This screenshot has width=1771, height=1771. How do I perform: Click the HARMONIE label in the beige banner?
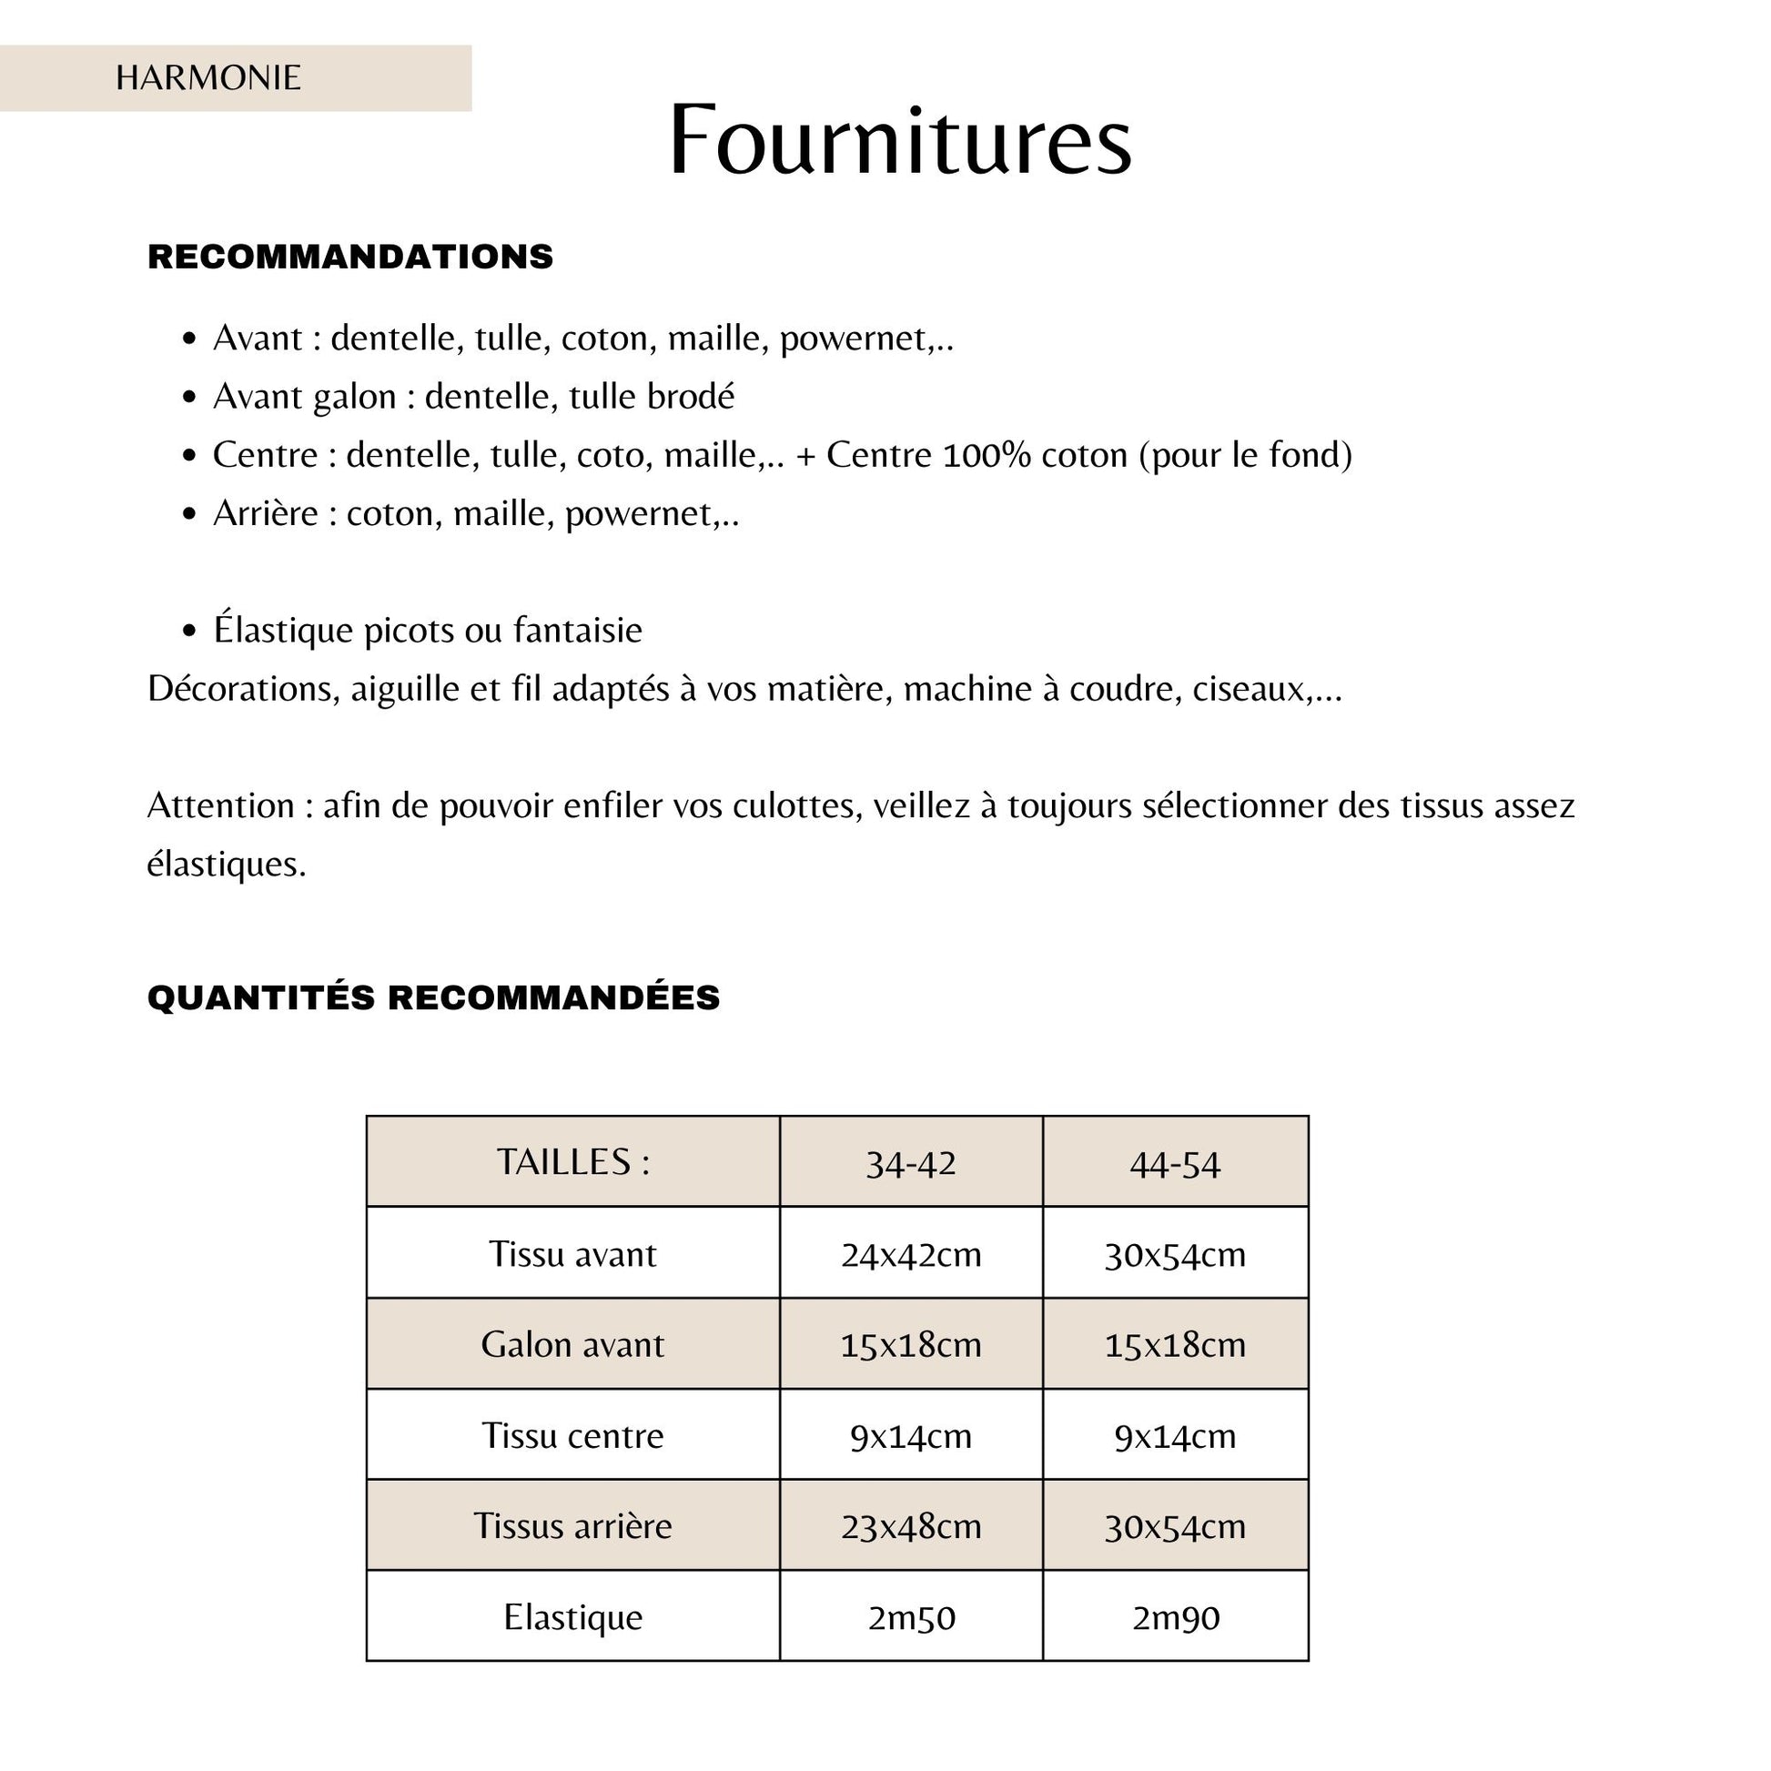(208, 78)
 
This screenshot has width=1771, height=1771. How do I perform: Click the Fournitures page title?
(900, 140)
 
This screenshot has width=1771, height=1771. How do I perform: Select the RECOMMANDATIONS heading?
(350, 257)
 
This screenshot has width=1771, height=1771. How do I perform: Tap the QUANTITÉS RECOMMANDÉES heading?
(433, 997)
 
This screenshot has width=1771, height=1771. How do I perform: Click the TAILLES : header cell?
(573, 1162)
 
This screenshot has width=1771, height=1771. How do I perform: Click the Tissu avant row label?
(573, 1254)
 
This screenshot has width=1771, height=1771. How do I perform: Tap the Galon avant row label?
(573, 1345)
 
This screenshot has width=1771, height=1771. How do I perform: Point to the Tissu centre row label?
(573, 1435)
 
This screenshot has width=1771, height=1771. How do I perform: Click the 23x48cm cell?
(910, 1526)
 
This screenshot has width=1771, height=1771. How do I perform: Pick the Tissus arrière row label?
(573, 1525)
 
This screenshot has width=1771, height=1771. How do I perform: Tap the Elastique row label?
(573, 1617)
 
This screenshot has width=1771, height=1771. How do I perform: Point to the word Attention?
(220, 805)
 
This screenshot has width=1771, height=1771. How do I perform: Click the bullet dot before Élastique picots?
(189, 631)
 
